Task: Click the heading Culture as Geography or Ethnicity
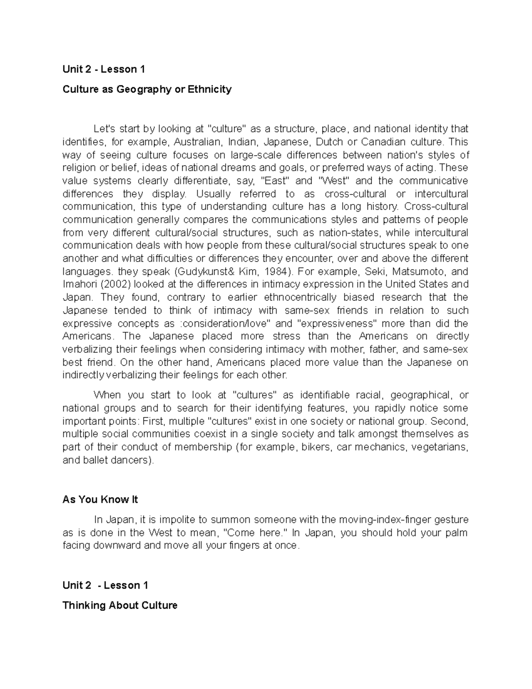tap(147, 89)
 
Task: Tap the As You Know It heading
tap(100, 500)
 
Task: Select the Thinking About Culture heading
tap(120, 605)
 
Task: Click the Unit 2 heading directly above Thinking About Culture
tap(105, 585)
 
